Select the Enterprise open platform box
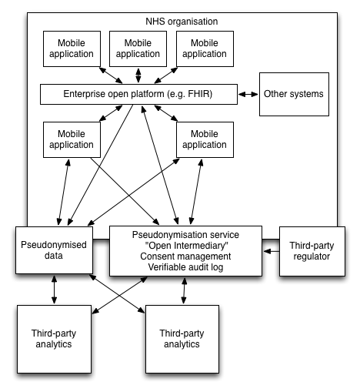tap(138, 95)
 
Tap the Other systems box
tap(294, 94)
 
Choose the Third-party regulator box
tap(310, 250)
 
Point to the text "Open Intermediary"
tap(185, 245)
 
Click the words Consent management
tap(185, 256)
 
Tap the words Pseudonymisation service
tap(185, 234)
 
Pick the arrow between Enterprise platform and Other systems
tap(248, 95)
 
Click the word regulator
tap(310, 256)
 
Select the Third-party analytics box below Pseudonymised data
tap(53, 339)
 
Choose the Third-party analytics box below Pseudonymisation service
tap(181, 339)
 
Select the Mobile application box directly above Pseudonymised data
tap(72, 139)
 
